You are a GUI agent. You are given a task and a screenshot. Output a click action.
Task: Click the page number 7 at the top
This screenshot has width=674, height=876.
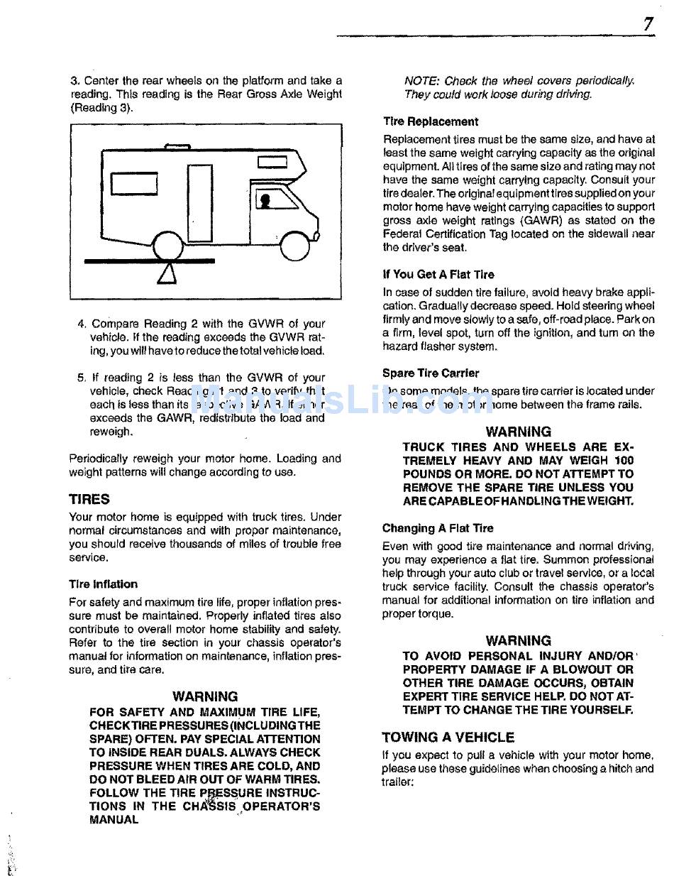(648, 24)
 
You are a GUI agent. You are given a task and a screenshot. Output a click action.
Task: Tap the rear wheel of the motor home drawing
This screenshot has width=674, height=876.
(168, 246)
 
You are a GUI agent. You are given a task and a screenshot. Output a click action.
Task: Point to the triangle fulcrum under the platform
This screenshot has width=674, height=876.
(167, 273)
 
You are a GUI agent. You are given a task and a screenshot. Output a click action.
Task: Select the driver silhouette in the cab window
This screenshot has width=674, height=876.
(264, 199)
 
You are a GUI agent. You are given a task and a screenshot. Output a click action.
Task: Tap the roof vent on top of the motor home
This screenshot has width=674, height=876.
(177, 147)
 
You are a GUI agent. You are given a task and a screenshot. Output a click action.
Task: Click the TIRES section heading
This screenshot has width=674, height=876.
(89, 499)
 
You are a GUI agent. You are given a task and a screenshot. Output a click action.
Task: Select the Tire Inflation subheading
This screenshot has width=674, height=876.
(104, 584)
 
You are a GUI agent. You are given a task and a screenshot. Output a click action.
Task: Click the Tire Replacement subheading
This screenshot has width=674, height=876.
(431, 121)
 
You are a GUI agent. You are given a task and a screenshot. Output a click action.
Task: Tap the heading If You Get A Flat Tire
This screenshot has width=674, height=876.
(438, 274)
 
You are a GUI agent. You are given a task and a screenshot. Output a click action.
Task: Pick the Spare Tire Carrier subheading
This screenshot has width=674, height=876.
(431, 373)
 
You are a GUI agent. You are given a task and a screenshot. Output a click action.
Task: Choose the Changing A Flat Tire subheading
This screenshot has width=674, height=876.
(438, 528)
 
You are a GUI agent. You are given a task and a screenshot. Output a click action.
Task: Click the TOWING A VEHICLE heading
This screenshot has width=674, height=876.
(448, 737)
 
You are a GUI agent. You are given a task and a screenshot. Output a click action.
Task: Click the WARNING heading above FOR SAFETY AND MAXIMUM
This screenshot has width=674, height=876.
(205, 696)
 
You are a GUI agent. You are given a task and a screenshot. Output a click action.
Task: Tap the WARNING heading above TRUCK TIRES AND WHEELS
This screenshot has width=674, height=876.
(519, 431)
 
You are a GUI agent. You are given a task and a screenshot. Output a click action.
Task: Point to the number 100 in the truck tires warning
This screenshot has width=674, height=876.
(624, 461)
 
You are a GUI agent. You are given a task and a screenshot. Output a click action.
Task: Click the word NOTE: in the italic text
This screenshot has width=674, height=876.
(420, 81)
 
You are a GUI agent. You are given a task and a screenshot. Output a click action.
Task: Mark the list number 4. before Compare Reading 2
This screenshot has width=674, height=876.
(82, 324)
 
